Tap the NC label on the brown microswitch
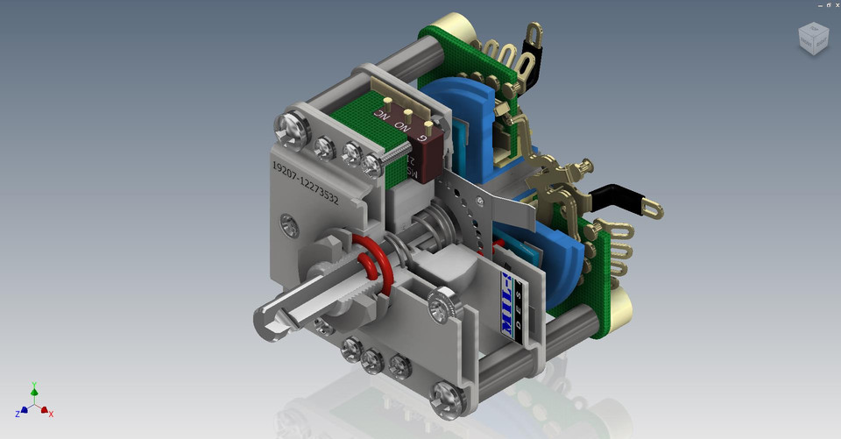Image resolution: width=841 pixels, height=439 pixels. coord(382,115)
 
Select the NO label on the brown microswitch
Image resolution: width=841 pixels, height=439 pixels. coord(402,126)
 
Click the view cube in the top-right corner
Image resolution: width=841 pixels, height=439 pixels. coord(812,36)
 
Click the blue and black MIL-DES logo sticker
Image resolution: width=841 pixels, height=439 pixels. coord(511,302)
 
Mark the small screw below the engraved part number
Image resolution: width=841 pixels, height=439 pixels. coord(289,225)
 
